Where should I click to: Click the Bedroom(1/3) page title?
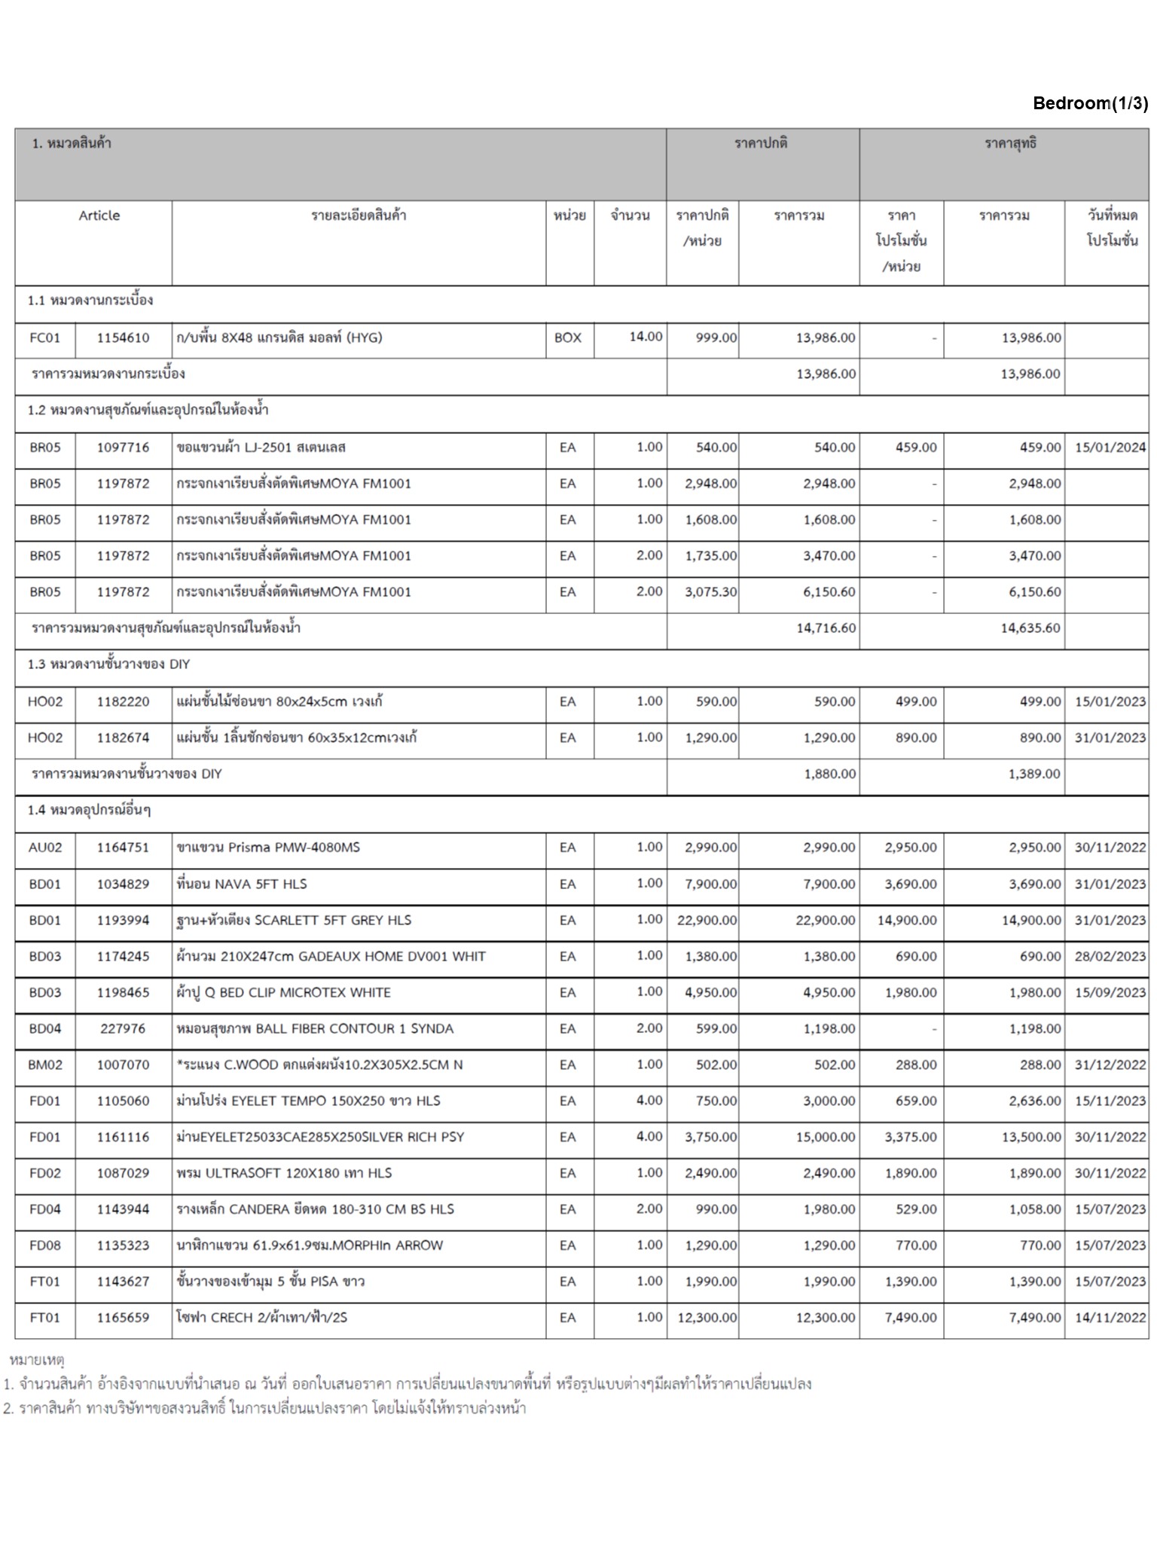pyautogui.click(x=1090, y=103)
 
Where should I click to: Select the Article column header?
pyautogui.click(x=99, y=215)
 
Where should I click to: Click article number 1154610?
pyautogui.click(x=123, y=338)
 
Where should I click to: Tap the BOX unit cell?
pyautogui.click(x=568, y=338)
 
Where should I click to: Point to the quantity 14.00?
pyautogui.click(x=646, y=336)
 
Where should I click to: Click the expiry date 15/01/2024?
pyautogui.click(x=1110, y=448)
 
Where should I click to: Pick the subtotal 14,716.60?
pyautogui.click(x=826, y=628)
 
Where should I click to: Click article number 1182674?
pyautogui.click(x=123, y=738)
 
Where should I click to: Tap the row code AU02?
pyautogui.click(x=44, y=848)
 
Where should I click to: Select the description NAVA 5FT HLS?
pyautogui.click(x=241, y=884)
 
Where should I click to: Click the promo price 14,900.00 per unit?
pyautogui.click(x=907, y=920)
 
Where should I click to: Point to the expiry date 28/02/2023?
pyautogui.click(x=1110, y=956)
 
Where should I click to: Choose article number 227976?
pyautogui.click(x=123, y=1028)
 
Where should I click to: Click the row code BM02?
pyautogui.click(x=44, y=1065)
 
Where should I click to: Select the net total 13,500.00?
pyautogui.click(x=1030, y=1137)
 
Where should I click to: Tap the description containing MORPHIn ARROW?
pyautogui.click(x=309, y=1245)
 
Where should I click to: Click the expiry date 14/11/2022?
pyautogui.click(x=1110, y=1318)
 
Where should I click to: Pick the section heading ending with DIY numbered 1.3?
pyautogui.click(x=108, y=664)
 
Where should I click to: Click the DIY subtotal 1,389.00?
pyautogui.click(x=1033, y=774)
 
